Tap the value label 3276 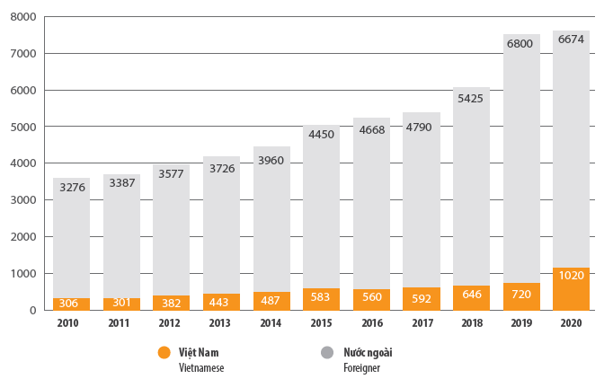point(71,189)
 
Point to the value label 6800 point(521,43)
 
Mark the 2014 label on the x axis point(271,322)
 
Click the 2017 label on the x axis point(421,322)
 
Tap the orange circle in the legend point(164,353)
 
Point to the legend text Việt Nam point(199,353)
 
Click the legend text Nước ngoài point(368,353)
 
